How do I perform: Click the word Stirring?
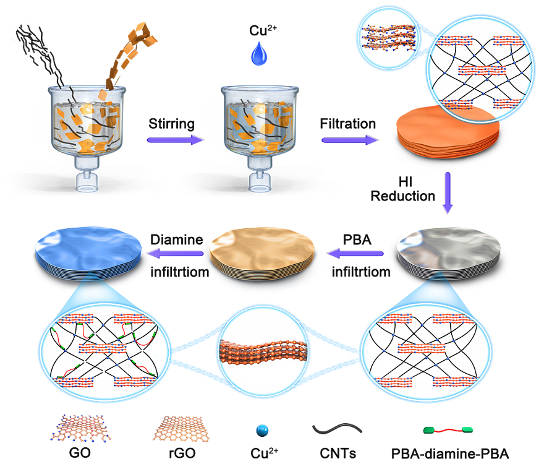pos(171,124)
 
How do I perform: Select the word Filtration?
pos(348,124)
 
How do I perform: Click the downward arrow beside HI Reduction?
pos(448,192)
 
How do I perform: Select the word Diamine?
pos(178,239)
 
